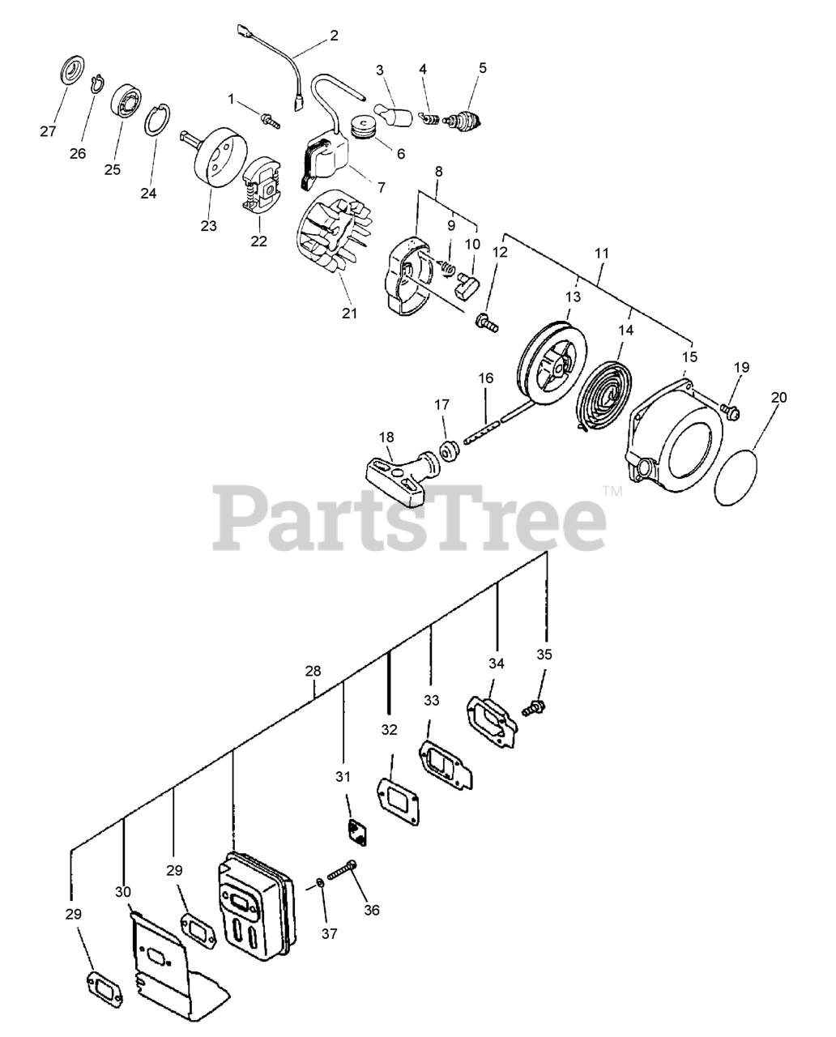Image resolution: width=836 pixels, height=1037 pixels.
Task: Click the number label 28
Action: point(313,671)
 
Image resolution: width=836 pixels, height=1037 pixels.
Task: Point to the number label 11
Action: point(600,253)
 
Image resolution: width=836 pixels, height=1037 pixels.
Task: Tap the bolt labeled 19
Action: point(730,412)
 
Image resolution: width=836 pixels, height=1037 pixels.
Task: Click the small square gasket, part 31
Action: point(353,832)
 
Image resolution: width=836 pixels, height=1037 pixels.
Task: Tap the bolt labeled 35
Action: point(531,707)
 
